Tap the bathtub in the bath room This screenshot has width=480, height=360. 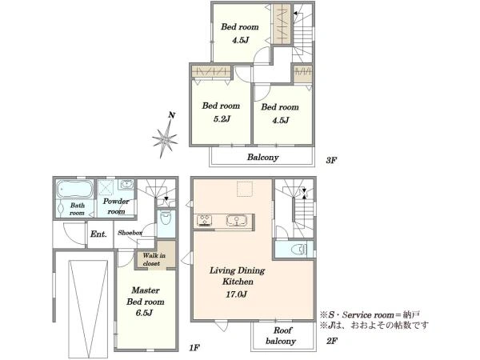74,190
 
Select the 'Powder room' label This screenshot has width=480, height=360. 116,206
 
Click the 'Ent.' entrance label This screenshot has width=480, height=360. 98,234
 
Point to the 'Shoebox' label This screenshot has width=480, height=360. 130,233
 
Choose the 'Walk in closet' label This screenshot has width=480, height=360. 154,259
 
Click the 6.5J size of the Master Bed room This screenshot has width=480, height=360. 145,313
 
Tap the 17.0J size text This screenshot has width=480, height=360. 236,294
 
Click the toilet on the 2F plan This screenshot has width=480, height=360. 299,250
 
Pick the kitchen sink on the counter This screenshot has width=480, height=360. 237,221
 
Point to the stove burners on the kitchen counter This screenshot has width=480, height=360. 205,221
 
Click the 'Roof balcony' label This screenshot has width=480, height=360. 281,335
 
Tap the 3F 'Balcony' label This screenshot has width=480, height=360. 263,158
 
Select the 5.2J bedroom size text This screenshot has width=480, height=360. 222,118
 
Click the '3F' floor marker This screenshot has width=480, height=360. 331,160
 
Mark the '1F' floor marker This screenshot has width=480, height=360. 194,348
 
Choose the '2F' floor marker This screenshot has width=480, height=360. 332,341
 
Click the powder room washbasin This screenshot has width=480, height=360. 126,184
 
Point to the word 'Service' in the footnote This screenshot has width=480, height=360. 356,314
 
